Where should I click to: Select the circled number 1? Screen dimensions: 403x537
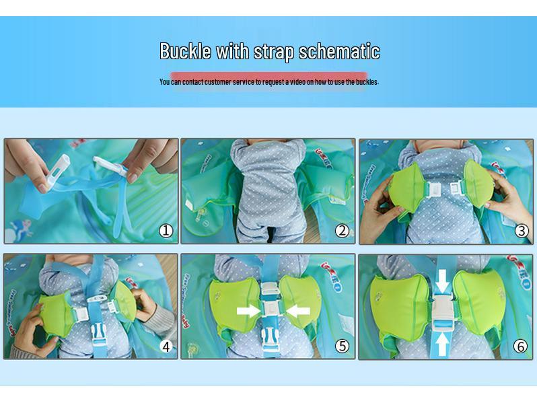tap(166, 231)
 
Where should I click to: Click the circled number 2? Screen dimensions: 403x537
tap(343, 231)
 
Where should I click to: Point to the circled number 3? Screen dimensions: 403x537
tap(522, 231)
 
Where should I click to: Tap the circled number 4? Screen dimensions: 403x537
tap(166, 346)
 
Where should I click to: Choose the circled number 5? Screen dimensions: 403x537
tap(343, 346)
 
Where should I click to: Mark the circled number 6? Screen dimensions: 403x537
tap(522, 346)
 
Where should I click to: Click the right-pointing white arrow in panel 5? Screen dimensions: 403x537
tap(247, 310)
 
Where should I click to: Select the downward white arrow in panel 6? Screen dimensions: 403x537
tap(441, 281)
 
